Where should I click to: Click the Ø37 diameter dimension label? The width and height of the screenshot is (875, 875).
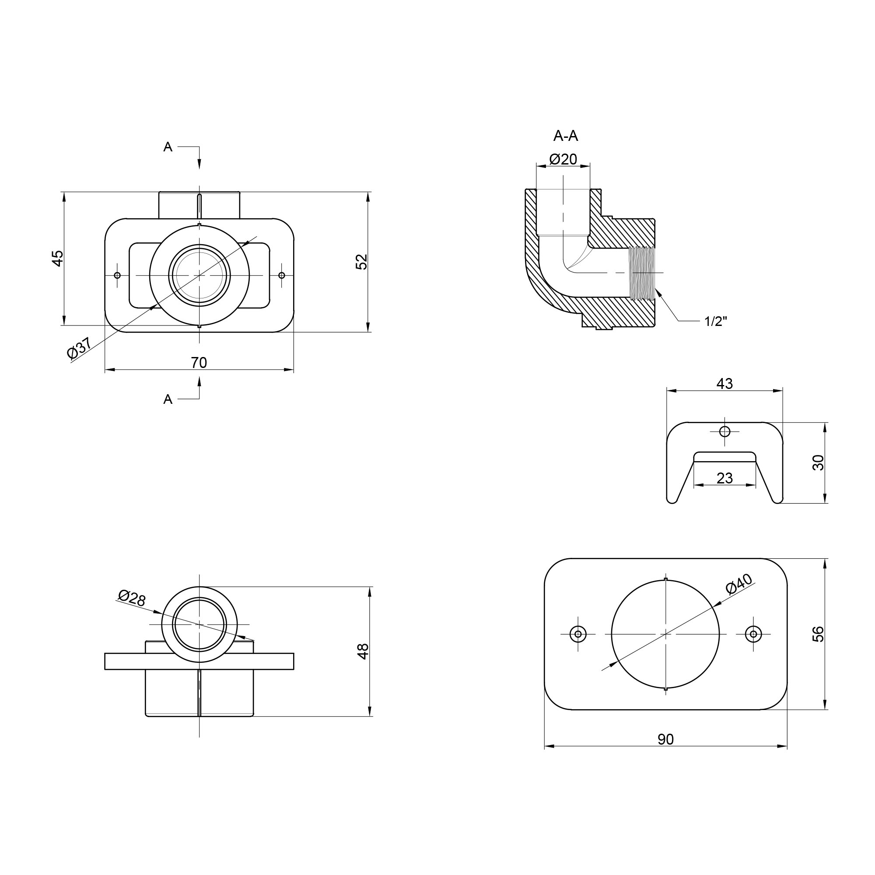pyautogui.click(x=79, y=348)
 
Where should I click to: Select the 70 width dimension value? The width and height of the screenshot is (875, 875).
pyautogui.click(x=199, y=363)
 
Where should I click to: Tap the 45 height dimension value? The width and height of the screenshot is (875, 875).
pyautogui.click(x=57, y=258)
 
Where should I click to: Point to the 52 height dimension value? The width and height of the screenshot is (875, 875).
pyautogui.click(x=362, y=262)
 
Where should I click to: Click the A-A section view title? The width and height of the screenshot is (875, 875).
pyautogui.click(x=566, y=136)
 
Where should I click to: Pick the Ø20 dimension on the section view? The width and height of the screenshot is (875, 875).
pyautogui.click(x=563, y=159)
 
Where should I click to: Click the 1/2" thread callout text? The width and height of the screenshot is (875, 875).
pyautogui.click(x=716, y=321)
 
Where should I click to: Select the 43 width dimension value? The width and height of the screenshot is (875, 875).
pyautogui.click(x=724, y=384)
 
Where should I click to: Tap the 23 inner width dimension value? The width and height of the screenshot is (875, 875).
pyautogui.click(x=724, y=478)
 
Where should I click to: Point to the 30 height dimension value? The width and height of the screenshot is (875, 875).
pyautogui.click(x=819, y=462)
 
